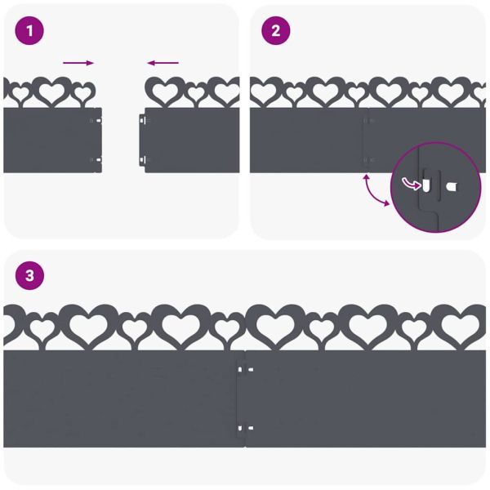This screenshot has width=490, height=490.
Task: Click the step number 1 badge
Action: click(x=30, y=31)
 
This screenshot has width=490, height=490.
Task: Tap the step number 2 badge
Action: click(x=275, y=31)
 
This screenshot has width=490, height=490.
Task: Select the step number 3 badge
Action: click(x=30, y=276)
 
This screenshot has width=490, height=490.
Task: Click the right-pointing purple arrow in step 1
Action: click(x=78, y=63)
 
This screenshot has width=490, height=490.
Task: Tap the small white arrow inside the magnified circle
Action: click(x=410, y=184)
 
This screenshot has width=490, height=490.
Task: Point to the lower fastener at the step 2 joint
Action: click(x=367, y=159)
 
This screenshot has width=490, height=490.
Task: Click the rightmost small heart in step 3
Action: click(x=414, y=328)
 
